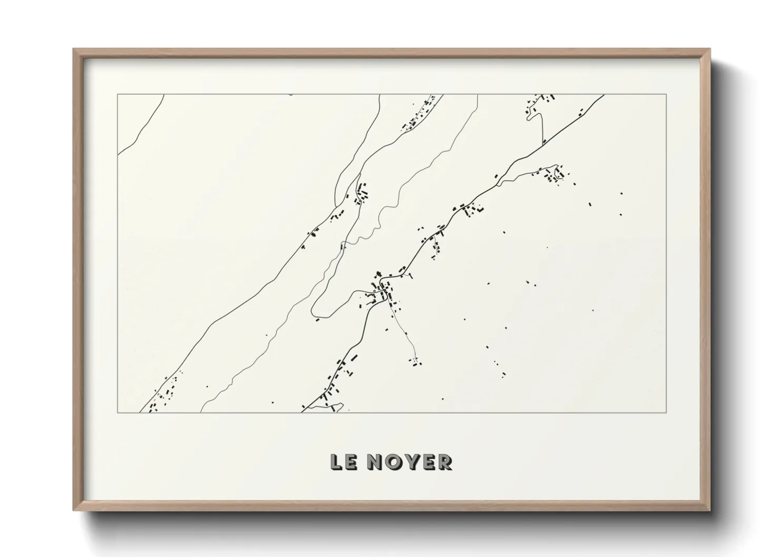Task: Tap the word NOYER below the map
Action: [410, 462]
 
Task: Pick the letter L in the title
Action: [336, 462]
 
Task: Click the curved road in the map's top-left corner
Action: [138, 132]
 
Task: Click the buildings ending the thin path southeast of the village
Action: [416, 362]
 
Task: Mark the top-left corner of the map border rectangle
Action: [117, 95]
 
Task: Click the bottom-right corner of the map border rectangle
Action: [666, 412]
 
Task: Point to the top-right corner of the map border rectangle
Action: [666, 95]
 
